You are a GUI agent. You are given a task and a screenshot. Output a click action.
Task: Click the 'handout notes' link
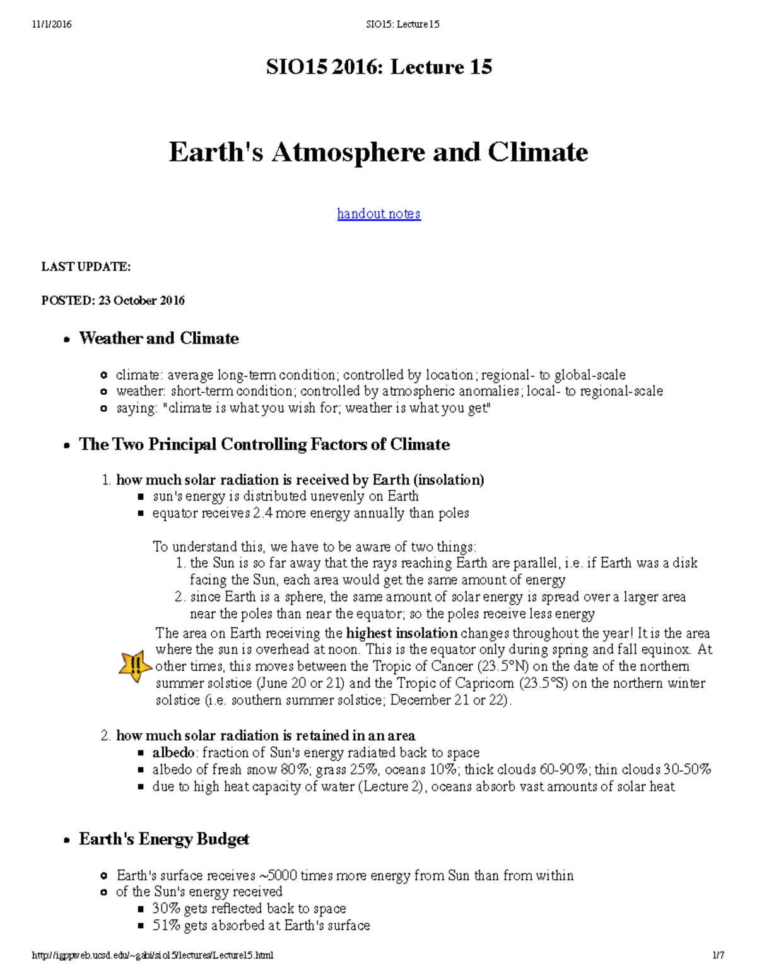[378, 214]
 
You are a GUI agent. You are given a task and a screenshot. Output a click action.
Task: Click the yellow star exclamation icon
[135, 666]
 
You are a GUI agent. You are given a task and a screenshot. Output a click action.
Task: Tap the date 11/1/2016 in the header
[52, 25]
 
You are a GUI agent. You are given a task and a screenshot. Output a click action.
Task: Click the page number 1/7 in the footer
[718, 955]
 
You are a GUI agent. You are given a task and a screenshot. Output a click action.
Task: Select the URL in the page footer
[153, 955]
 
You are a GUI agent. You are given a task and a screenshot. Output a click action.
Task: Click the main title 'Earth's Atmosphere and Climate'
[378, 153]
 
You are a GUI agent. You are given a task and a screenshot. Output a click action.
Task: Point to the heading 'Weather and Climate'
[158, 338]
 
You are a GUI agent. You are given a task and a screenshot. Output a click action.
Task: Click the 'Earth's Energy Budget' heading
[163, 839]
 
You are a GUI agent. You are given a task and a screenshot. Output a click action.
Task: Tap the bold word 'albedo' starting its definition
[173, 753]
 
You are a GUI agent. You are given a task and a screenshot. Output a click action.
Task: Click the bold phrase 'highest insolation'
[402, 633]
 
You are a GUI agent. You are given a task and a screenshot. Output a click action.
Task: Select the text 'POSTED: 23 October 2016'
[113, 300]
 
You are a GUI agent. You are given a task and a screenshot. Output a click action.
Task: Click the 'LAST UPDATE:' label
[86, 267]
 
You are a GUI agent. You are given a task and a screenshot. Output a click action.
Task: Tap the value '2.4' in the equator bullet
[262, 513]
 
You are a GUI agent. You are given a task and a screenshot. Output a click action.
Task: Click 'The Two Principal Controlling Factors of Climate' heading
[264, 444]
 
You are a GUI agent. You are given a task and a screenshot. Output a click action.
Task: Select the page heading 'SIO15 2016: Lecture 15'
[378, 67]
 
